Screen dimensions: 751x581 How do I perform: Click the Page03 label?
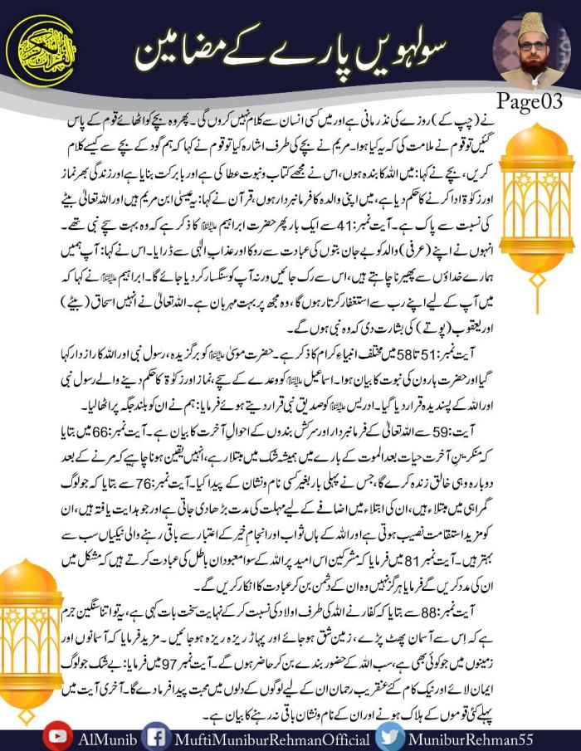click(x=530, y=100)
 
